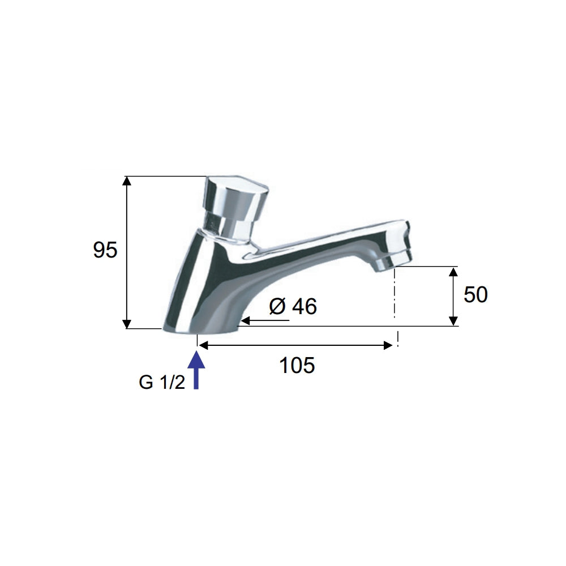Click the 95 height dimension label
105,250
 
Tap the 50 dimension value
475,294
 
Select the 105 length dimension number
297,365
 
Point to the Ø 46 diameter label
293,306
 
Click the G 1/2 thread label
162,382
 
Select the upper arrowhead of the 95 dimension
126,181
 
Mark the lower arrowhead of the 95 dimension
126,324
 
